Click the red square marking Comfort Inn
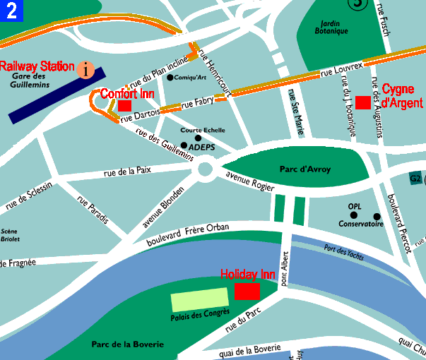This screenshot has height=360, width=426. tap(125, 105)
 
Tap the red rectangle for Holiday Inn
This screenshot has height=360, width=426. tap(247, 292)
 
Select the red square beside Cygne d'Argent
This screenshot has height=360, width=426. tap(363, 102)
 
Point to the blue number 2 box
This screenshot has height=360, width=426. tap(12, 11)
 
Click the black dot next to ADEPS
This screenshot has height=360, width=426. tap(184, 145)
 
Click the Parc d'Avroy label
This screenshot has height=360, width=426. tap(305, 169)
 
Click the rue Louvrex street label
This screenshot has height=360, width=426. tap(341, 69)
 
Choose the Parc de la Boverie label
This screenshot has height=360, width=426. tap(128, 344)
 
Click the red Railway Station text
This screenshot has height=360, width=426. tap(37, 66)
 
